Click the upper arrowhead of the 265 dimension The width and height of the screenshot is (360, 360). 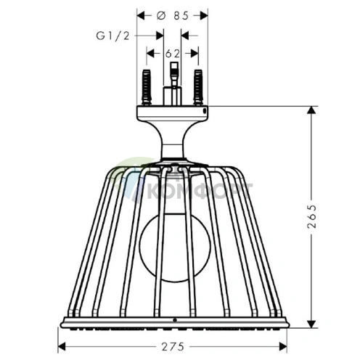coord(314,110)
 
